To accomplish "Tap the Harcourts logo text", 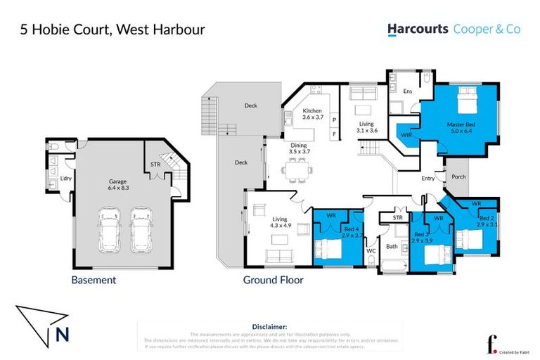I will [x=418, y=30].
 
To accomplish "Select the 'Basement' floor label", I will [x=94, y=280].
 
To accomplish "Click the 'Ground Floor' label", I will [x=273, y=280].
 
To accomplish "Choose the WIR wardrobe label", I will [x=406, y=134].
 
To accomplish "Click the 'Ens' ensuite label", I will [x=406, y=91].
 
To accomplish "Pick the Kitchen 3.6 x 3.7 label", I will [x=312, y=115].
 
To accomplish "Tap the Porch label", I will [x=458, y=176].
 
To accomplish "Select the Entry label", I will [x=427, y=179].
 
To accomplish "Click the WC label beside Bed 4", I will [x=371, y=250].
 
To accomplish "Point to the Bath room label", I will [x=392, y=246].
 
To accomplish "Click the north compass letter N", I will [x=62, y=336].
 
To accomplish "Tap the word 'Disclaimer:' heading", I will [x=270, y=327].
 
